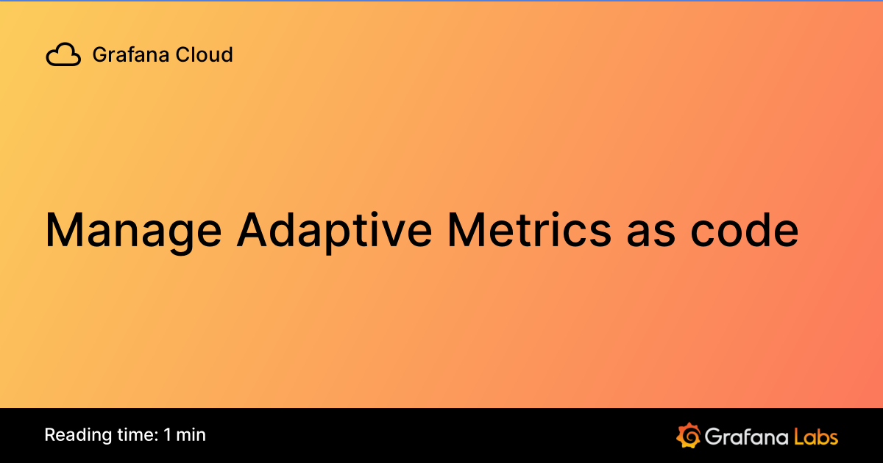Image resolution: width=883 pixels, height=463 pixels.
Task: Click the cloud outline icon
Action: pyautogui.click(x=63, y=55)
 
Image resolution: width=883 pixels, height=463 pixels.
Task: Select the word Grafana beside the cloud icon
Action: pyautogui.click(x=124, y=54)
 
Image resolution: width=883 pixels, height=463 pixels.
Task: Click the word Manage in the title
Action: pyautogui.click(x=132, y=230)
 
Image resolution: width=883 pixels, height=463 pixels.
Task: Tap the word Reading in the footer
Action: pyautogui.click(x=74, y=435)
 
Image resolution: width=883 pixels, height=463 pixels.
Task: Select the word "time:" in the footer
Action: pyautogui.click(x=135, y=434)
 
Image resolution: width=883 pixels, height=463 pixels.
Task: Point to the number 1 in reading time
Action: pyautogui.click(x=169, y=434)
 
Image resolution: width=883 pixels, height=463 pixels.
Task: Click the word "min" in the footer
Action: pyautogui.click(x=191, y=434)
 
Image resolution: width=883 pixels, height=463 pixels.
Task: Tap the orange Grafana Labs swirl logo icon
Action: pyautogui.click(x=688, y=435)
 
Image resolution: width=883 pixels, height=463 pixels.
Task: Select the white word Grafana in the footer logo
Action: pyautogui.click(x=746, y=436)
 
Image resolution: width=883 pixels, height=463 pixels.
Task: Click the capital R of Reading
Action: pyautogui.click(x=50, y=434)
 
